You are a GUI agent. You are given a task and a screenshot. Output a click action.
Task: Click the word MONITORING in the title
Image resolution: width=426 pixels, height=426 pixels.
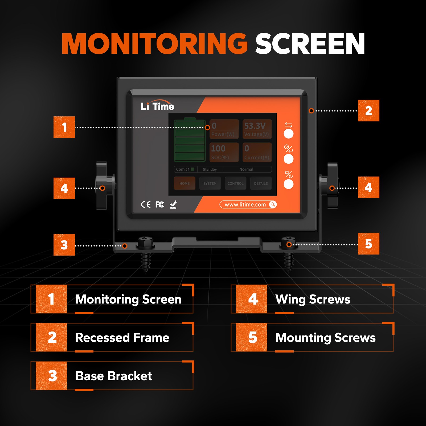pos(154,44)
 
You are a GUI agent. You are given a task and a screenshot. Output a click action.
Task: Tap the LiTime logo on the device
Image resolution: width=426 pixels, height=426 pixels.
pos(157,106)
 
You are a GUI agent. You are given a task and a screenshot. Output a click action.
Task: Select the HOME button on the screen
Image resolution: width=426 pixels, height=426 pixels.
pos(185,183)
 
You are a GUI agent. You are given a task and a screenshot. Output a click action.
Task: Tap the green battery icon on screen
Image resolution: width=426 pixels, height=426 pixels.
pos(190,140)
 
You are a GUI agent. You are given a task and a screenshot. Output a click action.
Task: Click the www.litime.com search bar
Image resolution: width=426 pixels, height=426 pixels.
pos(248,204)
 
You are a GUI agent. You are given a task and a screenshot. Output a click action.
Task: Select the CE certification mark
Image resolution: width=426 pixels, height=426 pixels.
pos(146,204)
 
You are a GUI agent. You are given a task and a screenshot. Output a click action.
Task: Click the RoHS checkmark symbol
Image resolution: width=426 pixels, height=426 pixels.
pos(173,204)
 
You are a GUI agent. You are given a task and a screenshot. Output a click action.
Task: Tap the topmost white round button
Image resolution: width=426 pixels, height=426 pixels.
pos(288,134)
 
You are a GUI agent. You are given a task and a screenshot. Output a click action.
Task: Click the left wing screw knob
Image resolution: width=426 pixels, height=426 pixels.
pos(101,186)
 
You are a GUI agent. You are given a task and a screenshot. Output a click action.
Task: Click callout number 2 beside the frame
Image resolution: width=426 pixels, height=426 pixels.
pos(368,111)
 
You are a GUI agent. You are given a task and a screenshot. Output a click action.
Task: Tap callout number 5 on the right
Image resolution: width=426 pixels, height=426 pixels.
pos(368,244)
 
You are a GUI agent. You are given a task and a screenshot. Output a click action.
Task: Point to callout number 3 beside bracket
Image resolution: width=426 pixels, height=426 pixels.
pos(64,245)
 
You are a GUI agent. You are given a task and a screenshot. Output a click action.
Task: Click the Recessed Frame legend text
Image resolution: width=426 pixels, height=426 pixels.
pos(122,338)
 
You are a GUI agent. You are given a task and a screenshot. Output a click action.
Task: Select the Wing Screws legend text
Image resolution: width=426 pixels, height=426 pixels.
pos(313,300)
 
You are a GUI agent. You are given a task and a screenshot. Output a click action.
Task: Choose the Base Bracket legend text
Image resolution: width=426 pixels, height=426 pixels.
pos(113,376)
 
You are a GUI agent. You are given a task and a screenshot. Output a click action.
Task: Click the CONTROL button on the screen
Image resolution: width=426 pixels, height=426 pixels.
pos(235,183)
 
